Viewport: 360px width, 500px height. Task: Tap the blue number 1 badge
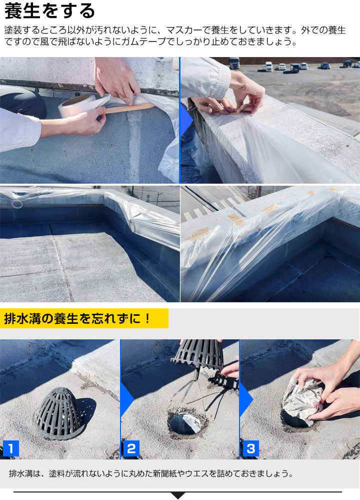click(10, 448)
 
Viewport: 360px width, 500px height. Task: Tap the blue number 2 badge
click(130, 448)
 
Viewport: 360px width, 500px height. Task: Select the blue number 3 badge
click(250, 448)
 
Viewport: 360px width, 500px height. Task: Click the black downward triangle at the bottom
click(178, 495)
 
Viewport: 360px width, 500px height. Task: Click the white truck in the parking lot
click(234, 63)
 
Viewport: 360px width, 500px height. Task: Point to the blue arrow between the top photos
click(186, 120)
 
